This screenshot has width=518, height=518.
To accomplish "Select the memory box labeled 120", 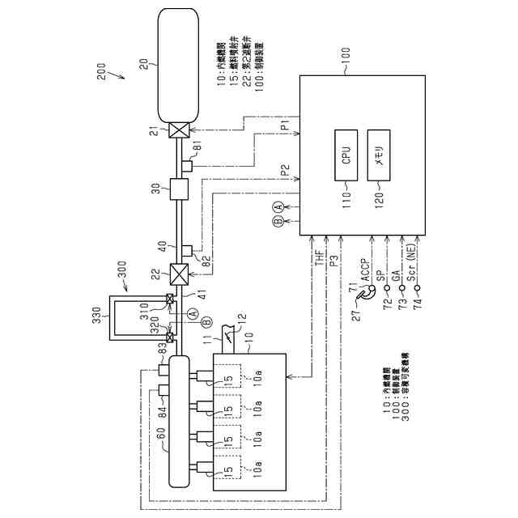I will (x=379, y=155).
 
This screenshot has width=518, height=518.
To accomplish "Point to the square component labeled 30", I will (x=178, y=191).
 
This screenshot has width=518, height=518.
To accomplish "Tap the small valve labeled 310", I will (x=170, y=299).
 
